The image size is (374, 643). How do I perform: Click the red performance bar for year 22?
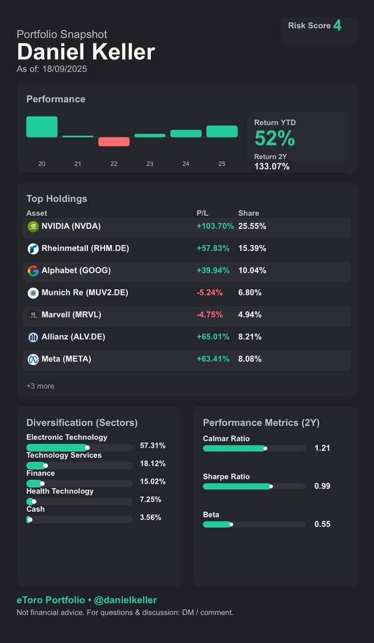(114, 141)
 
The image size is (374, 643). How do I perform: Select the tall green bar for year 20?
(42, 127)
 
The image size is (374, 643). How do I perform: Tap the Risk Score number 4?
(337, 25)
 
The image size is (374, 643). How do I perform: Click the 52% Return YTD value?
(275, 139)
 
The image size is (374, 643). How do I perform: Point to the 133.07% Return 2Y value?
(272, 167)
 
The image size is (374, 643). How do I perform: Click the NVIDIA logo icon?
(33, 227)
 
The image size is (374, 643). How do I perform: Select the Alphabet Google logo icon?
(33, 271)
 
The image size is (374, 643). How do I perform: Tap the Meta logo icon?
(33, 359)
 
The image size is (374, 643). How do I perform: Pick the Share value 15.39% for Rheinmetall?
(252, 249)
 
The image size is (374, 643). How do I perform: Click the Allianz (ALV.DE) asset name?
(73, 337)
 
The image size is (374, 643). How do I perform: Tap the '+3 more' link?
(40, 386)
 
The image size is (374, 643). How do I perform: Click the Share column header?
(248, 213)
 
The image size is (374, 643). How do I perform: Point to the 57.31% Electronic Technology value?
(152, 446)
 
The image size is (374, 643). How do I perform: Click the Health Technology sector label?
(60, 491)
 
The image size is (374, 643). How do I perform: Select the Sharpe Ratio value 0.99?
(322, 487)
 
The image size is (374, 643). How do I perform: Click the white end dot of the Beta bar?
(231, 525)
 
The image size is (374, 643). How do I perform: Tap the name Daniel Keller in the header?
(86, 53)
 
